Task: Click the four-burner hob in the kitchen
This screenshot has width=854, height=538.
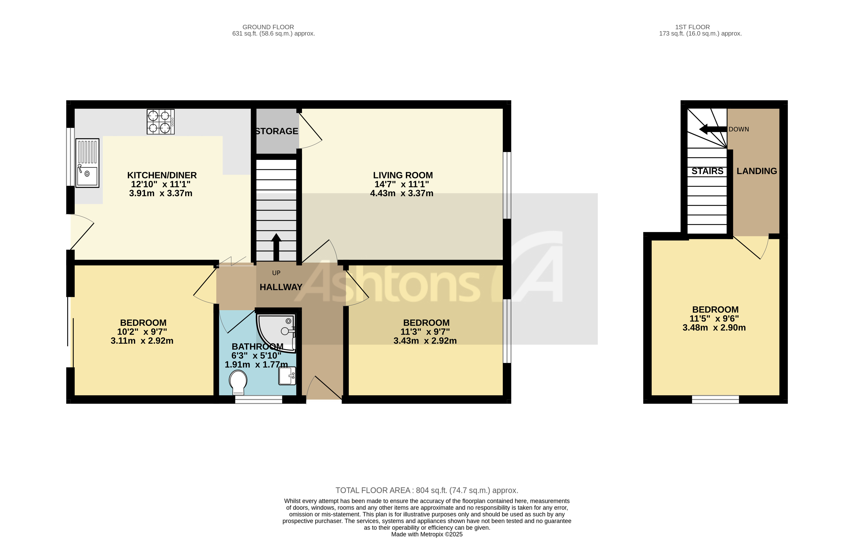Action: (160, 122)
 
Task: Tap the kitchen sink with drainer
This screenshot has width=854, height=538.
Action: (87, 163)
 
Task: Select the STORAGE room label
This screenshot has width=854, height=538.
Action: (277, 131)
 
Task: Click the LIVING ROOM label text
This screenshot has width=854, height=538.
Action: (403, 175)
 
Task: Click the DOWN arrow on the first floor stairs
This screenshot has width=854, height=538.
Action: (713, 129)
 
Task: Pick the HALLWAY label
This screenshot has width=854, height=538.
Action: (281, 287)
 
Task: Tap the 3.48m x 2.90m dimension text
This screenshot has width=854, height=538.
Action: (714, 328)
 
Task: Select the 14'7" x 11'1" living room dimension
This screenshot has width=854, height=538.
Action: (402, 184)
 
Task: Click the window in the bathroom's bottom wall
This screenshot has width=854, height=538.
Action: (259, 400)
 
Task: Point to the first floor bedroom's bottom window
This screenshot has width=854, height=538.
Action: (715, 400)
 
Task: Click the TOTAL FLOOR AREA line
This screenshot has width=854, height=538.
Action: (427, 491)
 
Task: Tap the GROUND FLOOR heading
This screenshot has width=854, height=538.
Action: (268, 27)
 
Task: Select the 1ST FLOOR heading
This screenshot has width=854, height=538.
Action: (692, 27)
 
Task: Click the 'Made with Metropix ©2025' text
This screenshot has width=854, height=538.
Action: (427, 534)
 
